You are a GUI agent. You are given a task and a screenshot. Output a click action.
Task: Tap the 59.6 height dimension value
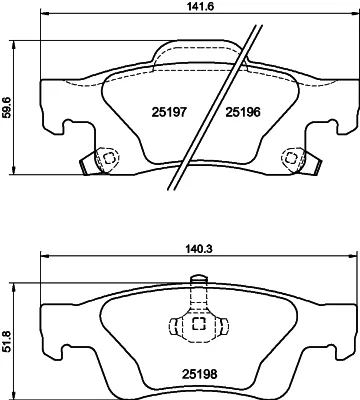click(7, 107)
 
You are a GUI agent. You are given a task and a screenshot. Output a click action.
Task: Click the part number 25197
click(169, 112)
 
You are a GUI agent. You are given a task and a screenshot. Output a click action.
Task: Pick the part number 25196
click(243, 112)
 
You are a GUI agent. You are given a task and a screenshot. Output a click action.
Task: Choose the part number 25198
click(199, 374)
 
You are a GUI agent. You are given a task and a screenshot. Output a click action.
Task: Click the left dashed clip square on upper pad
click(108, 158)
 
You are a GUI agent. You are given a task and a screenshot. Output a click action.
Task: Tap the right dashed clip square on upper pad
click(291, 157)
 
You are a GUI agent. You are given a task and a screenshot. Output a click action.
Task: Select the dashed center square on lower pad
click(199, 323)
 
